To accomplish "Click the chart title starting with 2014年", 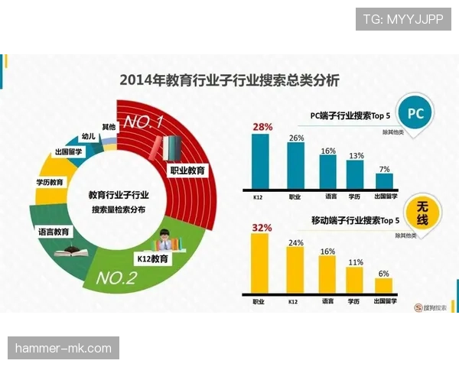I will [x=229, y=80].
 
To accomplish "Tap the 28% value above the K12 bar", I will [x=262, y=126].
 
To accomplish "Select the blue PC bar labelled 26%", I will [x=295, y=165].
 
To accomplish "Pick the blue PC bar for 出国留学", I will [x=384, y=180].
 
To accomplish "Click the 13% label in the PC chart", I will [x=356, y=155].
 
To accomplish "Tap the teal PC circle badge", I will [x=415, y=114].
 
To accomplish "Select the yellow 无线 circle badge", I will [x=421, y=213].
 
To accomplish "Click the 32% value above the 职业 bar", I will [x=262, y=227].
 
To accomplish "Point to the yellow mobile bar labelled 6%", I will [x=384, y=286].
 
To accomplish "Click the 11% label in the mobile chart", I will [x=356, y=261].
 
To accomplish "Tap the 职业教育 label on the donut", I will [x=187, y=171].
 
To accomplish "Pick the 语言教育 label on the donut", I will [x=54, y=231].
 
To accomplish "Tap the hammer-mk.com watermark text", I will [x=63, y=349].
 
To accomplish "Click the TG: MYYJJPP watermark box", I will [x=402, y=19].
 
